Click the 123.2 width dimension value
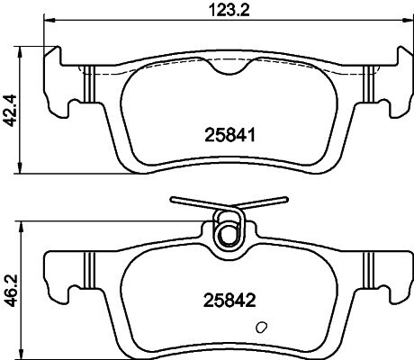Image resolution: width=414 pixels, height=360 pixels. point(229,11)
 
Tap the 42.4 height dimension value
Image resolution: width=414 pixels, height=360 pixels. point(12,110)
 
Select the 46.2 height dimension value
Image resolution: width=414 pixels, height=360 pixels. point(12,291)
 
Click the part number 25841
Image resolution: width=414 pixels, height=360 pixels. point(229,135)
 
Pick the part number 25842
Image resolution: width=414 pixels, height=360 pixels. point(229,301)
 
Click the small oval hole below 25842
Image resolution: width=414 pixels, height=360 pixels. point(262,328)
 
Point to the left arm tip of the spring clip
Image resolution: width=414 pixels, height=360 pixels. point(172,200)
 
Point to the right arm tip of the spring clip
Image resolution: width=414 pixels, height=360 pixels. point(285,199)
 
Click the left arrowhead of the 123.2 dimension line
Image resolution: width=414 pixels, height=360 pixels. point(49,21)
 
